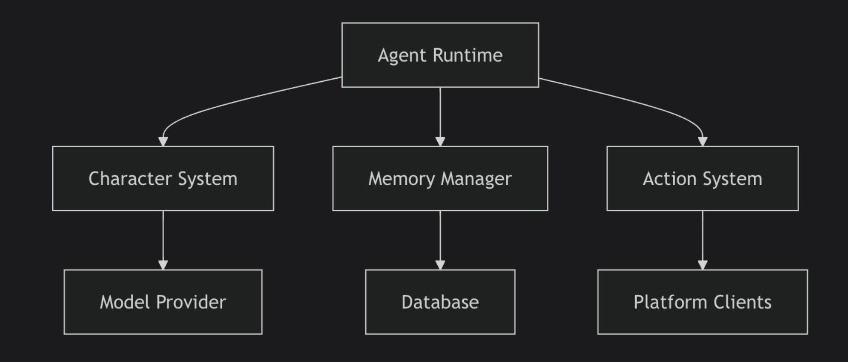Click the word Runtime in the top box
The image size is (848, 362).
(x=467, y=55)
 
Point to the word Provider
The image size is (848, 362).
(x=191, y=302)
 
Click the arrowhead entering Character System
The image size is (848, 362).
(x=163, y=141)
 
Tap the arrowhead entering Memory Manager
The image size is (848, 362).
(x=440, y=141)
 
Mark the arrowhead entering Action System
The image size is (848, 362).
(x=702, y=141)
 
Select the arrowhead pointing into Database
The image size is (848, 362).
(x=440, y=264)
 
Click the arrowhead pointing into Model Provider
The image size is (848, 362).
(x=163, y=264)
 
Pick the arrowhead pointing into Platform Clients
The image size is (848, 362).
(x=702, y=264)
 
